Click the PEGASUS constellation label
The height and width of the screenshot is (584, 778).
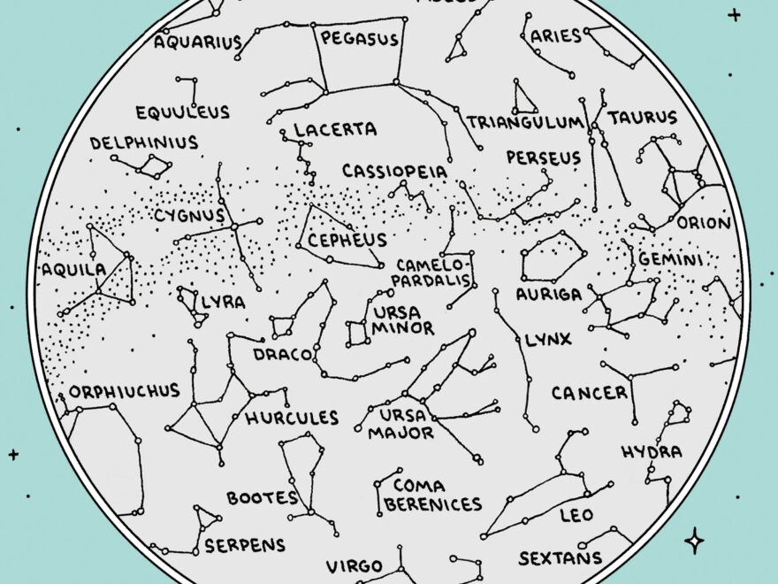click(x=359, y=39)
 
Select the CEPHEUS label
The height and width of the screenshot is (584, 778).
click(x=347, y=240)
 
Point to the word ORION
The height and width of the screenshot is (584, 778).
click(x=704, y=223)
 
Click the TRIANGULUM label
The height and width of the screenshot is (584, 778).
click(x=525, y=122)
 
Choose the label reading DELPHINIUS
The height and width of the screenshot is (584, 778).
click(x=143, y=142)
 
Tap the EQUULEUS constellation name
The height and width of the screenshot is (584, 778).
click(x=182, y=112)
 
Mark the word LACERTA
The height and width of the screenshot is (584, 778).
click(x=335, y=130)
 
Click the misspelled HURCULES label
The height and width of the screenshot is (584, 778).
click(x=292, y=418)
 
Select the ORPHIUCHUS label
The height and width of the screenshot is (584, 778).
click(x=124, y=390)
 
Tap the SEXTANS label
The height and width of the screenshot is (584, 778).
click(x=560, y=558)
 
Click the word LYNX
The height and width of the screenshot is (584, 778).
click(x=548, y=340)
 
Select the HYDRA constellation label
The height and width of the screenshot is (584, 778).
click(x=652, y=452)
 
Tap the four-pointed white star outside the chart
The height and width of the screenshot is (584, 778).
click(x=695, y=541)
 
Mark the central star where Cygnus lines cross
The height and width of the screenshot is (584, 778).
click(x=235, y=227)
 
